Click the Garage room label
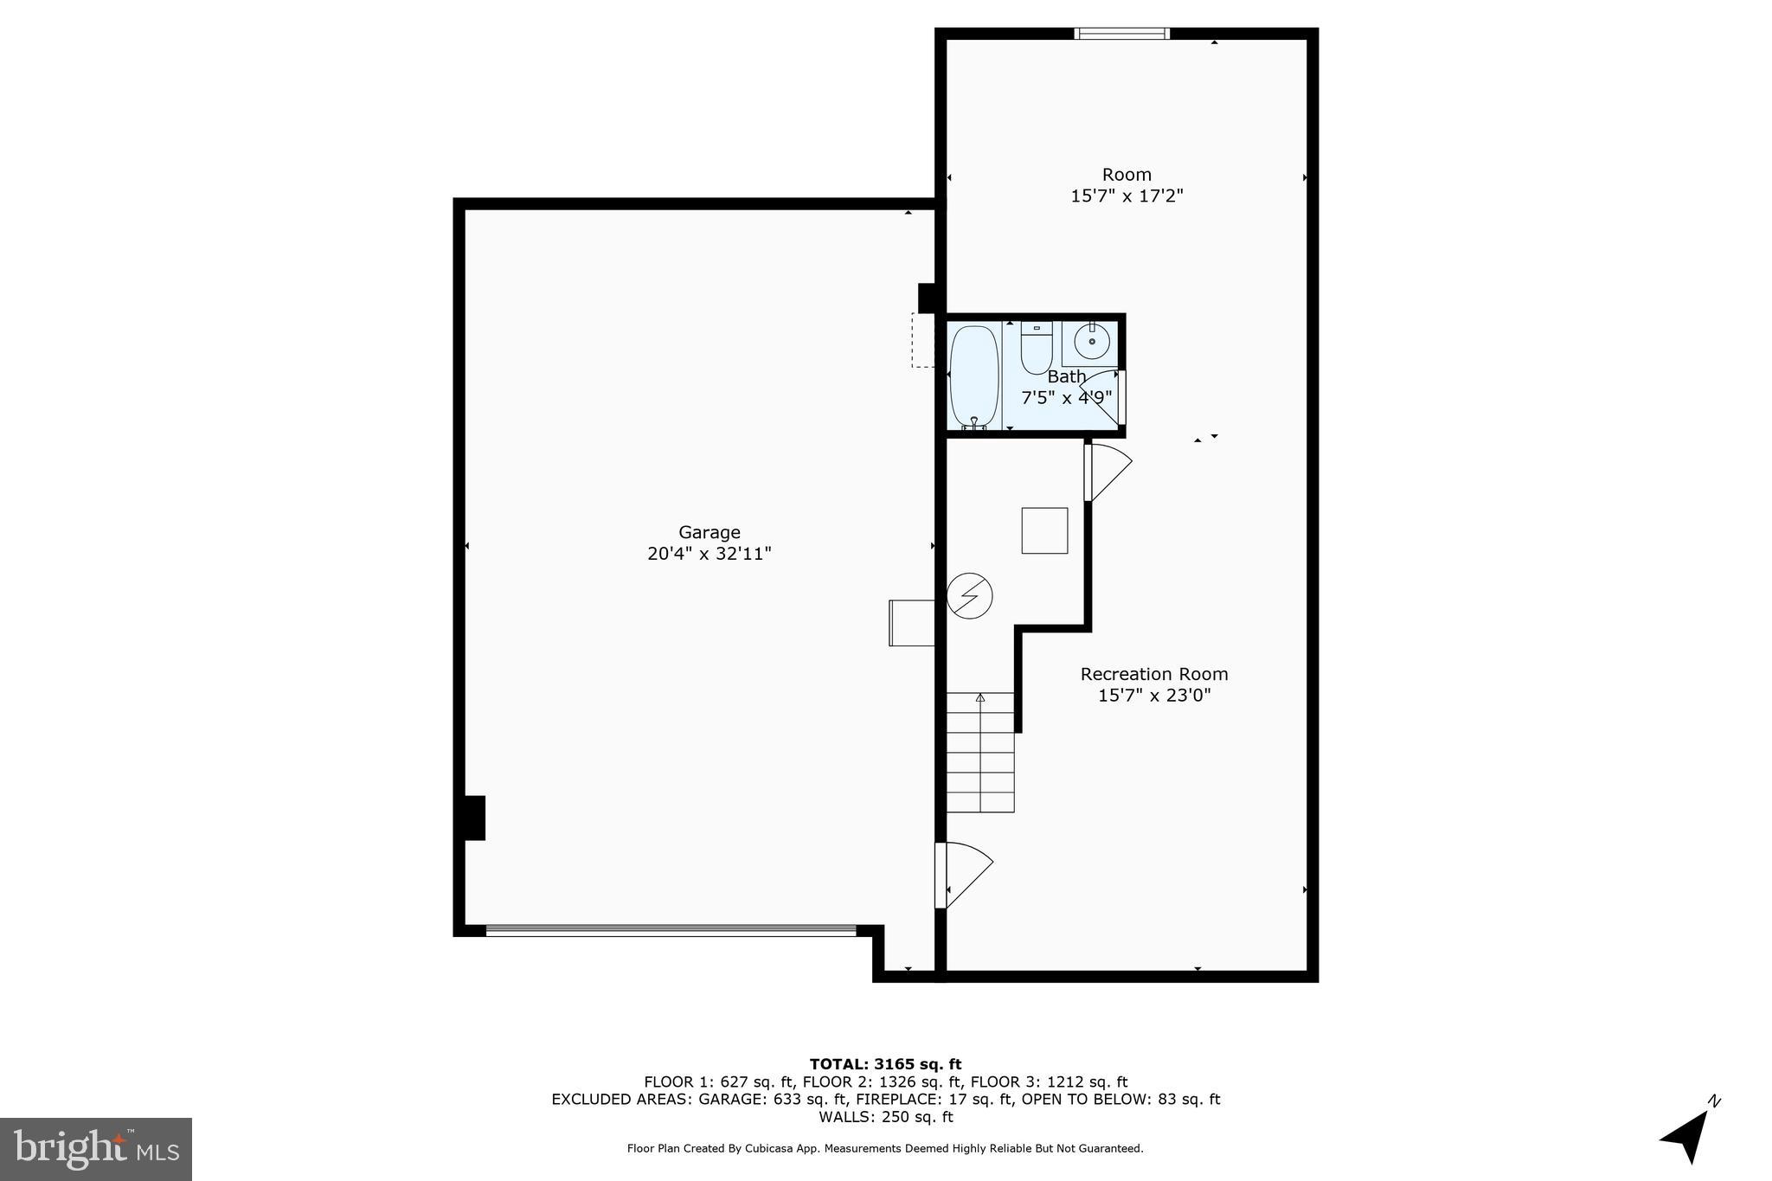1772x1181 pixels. coord(709,532)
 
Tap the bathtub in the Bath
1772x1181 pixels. coord(974,377)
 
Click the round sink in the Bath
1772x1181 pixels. coord(1092,343)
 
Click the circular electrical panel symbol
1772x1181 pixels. coord(969,595)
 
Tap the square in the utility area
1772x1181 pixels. coord(1044,530)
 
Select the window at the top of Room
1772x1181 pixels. coord(1121,34)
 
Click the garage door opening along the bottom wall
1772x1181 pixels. coord(671,931)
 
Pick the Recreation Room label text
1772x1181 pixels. coord(1153,674)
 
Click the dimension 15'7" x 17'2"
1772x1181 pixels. coord(1127,196)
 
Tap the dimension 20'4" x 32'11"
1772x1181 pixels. coord(709,554)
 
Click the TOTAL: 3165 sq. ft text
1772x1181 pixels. coord(885,1064)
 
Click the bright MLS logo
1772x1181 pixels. coord(95,1149)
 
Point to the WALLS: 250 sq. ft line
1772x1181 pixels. coord(885,1117)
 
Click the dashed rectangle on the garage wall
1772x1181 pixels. coord(923,340)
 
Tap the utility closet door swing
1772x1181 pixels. coord(1107,472)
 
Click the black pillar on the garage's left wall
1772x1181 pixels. coord(473,818)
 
